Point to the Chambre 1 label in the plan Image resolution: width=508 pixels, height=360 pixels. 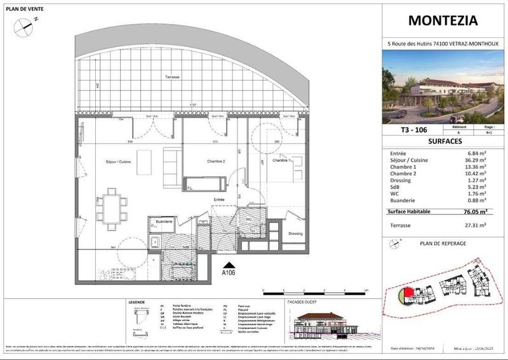[283, 161]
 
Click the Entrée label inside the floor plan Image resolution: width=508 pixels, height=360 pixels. [219, 199]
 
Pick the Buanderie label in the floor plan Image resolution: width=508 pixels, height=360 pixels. [163, 221]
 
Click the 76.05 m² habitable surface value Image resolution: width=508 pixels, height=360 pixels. [475, 212]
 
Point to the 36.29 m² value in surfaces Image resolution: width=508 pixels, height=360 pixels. [476, 160]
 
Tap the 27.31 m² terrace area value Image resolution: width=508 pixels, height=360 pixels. [476, 225]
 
